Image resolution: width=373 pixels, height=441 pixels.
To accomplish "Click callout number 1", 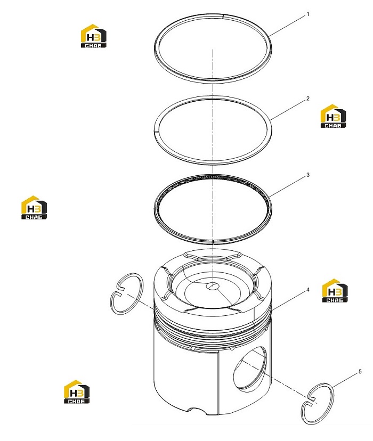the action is coord(308,14).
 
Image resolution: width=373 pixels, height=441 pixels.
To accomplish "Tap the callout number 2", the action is coord(308,99).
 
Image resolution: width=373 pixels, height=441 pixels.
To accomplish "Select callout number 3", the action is coord(308,175).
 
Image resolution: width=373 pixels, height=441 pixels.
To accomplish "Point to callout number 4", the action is coord(308,290).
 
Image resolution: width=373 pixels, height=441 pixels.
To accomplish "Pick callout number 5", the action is coord(360,372).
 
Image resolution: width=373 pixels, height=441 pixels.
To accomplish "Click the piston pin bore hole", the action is coord(250,369).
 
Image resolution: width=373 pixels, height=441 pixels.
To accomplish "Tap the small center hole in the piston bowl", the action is coord(213,286).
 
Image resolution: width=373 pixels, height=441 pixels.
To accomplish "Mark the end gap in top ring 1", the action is coord(223,16).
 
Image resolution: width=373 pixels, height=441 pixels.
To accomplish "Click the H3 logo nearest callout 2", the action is coord(334,116).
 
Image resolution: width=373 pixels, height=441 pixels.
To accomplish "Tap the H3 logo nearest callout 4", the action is coord(335,290).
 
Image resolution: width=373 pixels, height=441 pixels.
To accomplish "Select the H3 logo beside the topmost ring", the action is coord(94,36).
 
